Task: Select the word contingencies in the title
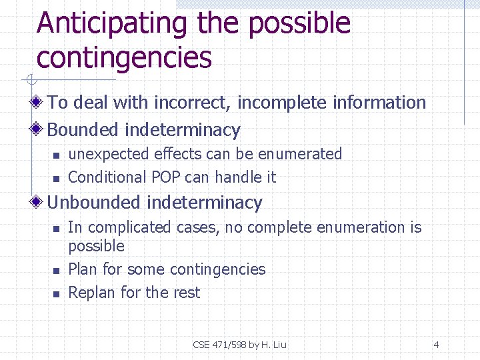(x=124, y=58)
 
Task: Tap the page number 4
(x=436, y=345)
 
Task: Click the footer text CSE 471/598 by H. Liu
(x=239, y=345)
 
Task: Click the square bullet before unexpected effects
(x=57, y=155)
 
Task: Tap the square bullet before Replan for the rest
(x=57, y=294)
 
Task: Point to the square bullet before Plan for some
(x=57, y=271)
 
